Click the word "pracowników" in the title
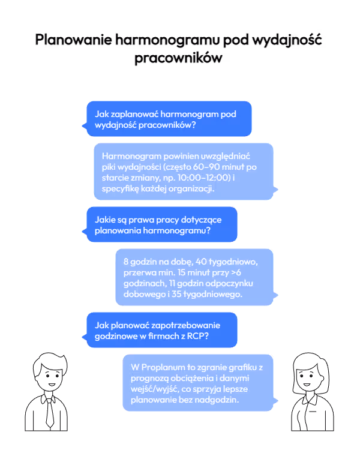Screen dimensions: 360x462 (x=178, y=58)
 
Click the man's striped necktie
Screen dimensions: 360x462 (x=50, y=413)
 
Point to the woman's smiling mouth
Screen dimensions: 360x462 (x=307, y=385)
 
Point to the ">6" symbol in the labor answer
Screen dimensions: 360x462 (x=236, y=272)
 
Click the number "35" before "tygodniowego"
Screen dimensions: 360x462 (x=176, y=294)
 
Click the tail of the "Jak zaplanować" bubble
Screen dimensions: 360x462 (x=84, y=126)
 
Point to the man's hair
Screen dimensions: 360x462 (x=49, y=361)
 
